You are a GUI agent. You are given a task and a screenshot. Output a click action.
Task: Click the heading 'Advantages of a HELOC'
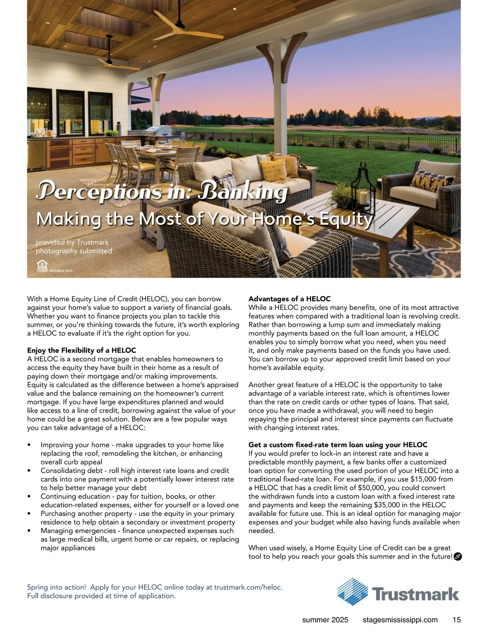[290, 299]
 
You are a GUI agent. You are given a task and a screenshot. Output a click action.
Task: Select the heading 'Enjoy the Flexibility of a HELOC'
[81, 350]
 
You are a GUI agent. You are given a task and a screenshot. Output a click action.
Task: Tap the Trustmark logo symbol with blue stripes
[352, 594]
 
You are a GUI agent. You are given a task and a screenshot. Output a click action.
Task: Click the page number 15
[456, 620]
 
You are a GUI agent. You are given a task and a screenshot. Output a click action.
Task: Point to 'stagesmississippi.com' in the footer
[400, 620]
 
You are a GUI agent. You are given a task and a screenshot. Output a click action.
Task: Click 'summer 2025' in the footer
[325, 620]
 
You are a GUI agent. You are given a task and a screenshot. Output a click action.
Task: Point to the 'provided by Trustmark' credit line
[72, 242]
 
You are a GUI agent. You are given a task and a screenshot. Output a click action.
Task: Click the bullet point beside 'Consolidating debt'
[29, 471]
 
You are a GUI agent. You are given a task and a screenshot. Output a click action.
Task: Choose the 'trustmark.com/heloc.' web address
[248, 587]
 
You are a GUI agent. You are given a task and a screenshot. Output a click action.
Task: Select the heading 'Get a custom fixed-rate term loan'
[338, 445]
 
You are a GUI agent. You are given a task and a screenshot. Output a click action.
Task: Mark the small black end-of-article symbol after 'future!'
[457, 556]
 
